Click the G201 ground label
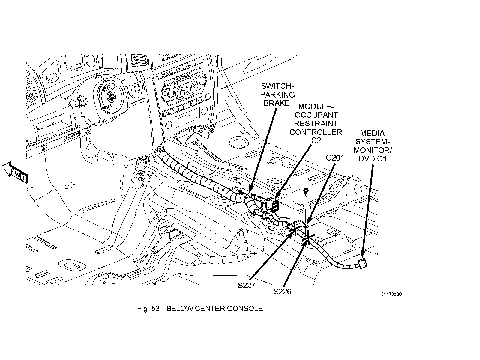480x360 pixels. point(335,157)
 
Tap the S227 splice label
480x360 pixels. point(247,286)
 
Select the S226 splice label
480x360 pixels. point(282,292)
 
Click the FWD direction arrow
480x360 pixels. point(16,173)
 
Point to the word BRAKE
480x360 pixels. point(277,103)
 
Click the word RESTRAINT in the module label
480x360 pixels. point(316,124)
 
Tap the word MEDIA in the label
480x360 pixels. point(372,133)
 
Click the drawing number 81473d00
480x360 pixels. point(391,294)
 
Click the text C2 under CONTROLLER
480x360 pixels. point(316,140)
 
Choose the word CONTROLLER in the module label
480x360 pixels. point(316,132)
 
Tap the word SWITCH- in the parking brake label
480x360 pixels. point(277,86)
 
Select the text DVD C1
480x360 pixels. point(372,159)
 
